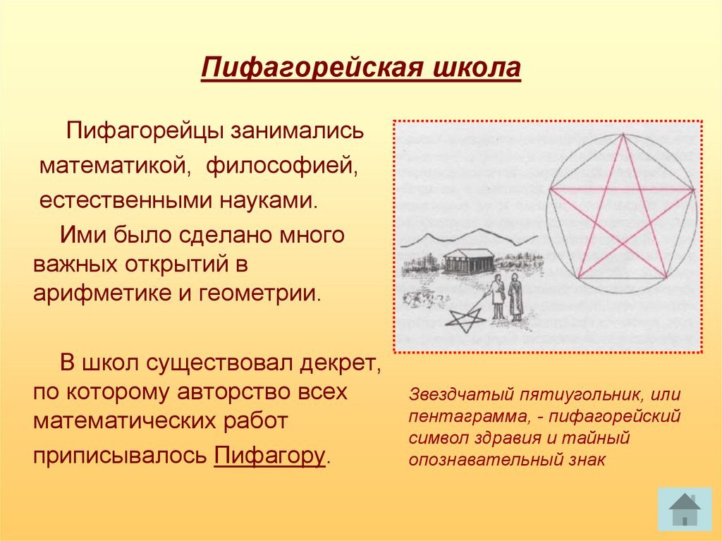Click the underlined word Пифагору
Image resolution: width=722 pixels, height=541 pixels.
270,455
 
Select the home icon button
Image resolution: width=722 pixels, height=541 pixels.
685,509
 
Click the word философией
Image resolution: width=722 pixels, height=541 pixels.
282,166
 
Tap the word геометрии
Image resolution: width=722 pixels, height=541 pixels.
259,293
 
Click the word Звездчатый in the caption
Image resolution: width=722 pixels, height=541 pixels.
461,395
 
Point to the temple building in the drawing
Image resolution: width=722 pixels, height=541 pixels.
468,260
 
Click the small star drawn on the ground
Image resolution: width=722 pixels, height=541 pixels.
467,319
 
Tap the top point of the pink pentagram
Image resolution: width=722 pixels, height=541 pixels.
623,135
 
